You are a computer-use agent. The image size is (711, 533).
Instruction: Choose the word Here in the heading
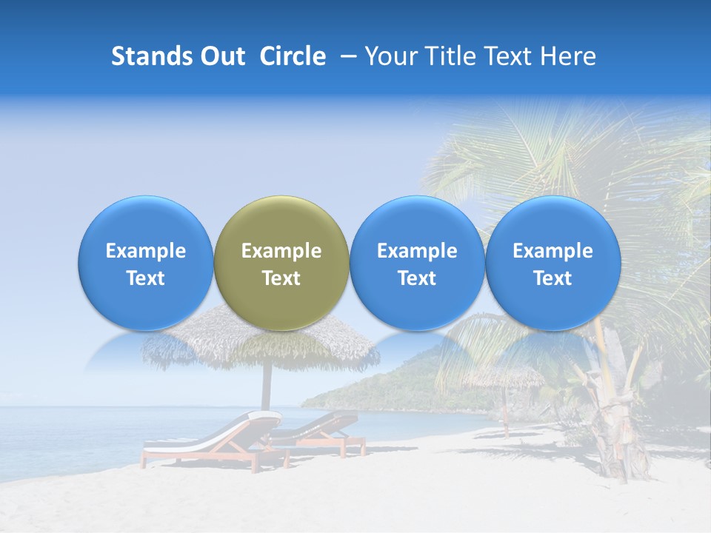[x=567, y=56]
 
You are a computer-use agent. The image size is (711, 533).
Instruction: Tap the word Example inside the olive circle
[x=281, y=251]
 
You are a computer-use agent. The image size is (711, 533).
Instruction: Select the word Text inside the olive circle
[x=281, y=278]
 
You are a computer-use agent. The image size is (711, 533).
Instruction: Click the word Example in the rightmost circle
[x=553, y=251]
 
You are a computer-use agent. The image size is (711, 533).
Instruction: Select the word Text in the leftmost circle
[x=145, y=278]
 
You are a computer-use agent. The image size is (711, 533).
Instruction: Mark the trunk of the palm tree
[x=615, y=415]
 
